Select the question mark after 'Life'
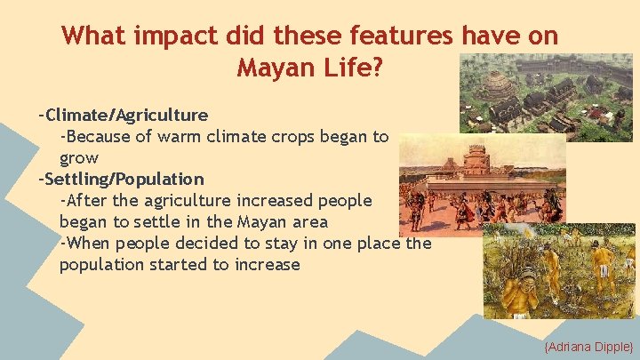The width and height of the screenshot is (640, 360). coord(377,68)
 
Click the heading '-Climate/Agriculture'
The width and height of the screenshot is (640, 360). coord(124,115)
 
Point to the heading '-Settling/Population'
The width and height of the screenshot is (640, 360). coord(121,179)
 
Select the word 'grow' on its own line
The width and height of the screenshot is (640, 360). coord(79,158)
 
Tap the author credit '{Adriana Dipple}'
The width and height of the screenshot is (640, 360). coord(588,345)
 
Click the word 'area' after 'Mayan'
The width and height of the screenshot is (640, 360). coord(310,222)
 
